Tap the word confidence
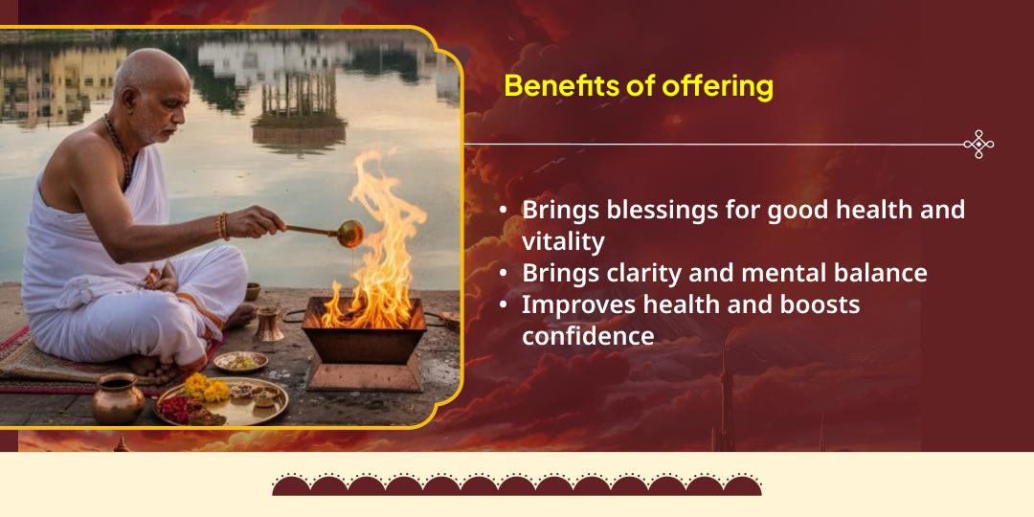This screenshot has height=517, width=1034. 588,336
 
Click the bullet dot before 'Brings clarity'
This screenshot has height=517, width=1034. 504,274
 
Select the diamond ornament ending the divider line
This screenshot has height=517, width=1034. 978,145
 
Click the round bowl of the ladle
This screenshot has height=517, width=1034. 349,233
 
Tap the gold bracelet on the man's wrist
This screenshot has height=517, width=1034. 223,226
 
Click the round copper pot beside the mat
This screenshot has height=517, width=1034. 118,397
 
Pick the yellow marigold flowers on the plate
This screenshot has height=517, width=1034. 207,388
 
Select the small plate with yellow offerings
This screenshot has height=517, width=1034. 240,361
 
